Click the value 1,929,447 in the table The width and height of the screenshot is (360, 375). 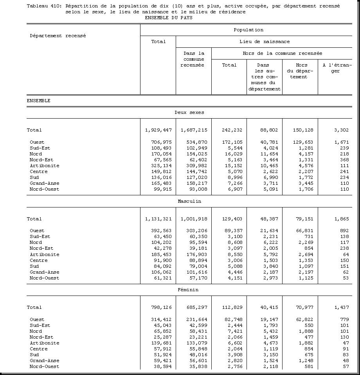point(158,130)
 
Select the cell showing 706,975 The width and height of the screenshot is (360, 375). point(161,142)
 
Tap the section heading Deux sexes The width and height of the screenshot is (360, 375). point(189,112)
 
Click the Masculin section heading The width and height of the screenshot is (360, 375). point(189,201)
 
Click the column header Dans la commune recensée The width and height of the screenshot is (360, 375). point(194,59)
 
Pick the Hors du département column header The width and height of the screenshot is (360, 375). point(300,71)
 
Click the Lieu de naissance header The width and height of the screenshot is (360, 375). point(265,41)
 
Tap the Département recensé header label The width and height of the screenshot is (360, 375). point(58,36)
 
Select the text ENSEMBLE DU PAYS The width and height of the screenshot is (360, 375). point(168,18)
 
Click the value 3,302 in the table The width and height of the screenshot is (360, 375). point(342,130)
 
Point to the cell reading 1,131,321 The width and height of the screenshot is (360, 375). point(158,219)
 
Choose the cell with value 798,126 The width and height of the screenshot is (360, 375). point(161,307)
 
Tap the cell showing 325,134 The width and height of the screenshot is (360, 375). point(161,166)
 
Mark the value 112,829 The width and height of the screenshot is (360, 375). point(232,307)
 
